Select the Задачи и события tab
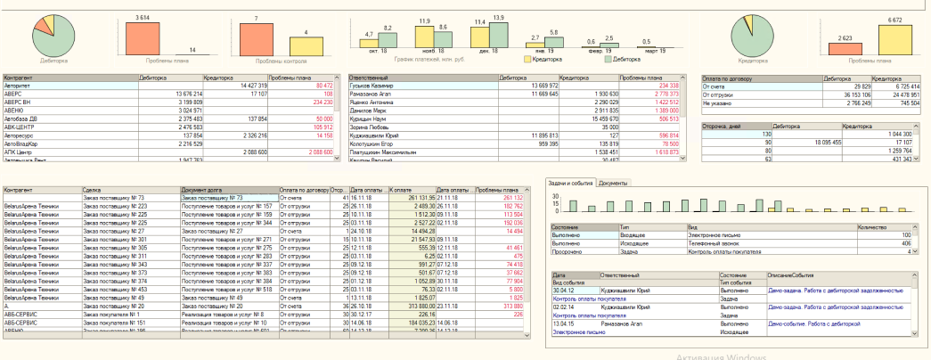click(570, 182)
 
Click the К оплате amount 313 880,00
click(415, 305)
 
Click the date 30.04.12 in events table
click(563, 290)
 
